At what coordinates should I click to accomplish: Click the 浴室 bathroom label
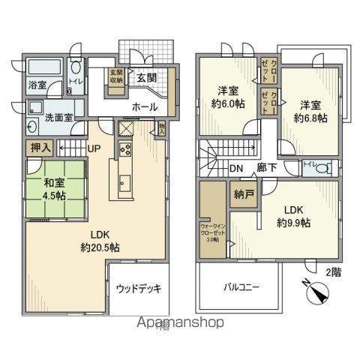coord(37,85)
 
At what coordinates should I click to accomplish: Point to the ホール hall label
coord(145,107)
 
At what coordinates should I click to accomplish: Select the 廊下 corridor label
coord(267,168)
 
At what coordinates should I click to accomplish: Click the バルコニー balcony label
coord(239,287)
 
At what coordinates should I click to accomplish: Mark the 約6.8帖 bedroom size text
coord(310,118)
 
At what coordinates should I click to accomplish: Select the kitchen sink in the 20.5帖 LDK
coord(125,185)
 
